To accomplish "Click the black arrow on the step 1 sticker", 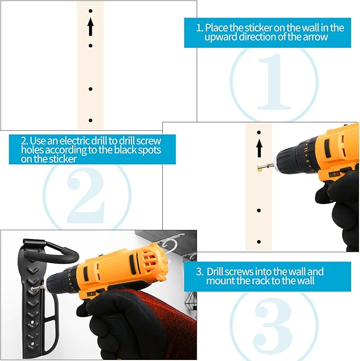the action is coord(91,27).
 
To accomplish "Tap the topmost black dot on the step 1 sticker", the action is coord(91,11).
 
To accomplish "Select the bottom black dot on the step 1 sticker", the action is coord(91,120).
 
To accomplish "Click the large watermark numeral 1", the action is coord(274,82).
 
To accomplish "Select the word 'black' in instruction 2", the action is coord(125,150).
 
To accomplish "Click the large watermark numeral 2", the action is coord(86,195).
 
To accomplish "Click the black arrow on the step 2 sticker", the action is coord(259,148).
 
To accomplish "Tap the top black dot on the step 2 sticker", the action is coord(259,133).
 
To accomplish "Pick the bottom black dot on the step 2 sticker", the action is coord(259,242).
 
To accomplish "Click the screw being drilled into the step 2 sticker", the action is coord(265,166).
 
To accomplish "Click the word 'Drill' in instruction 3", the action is coord(215,271).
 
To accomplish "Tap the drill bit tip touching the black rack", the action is coord(32,289).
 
